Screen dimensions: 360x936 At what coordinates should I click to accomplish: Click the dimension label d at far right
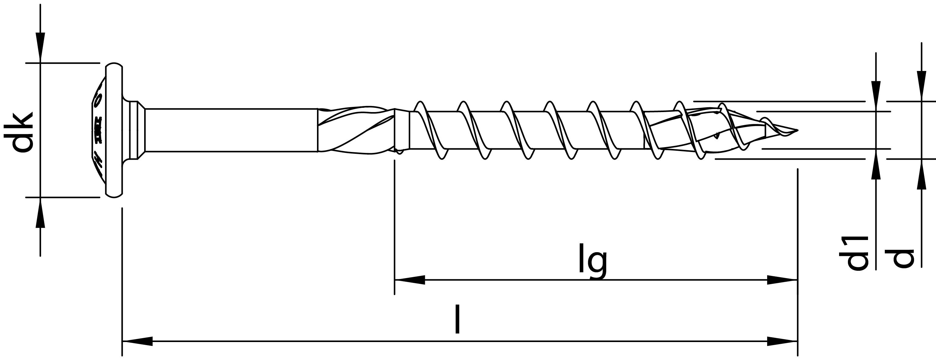coord(903,258)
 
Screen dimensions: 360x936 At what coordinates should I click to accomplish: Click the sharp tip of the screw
coord(796,130)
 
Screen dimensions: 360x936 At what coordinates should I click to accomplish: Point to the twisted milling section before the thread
coord(356,130)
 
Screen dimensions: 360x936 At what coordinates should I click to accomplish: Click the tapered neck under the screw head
coord(137,130)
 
